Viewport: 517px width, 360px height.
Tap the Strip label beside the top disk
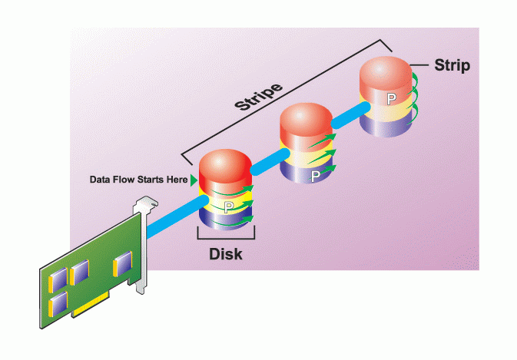coord(452,65)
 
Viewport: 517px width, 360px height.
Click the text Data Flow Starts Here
coord(138,180)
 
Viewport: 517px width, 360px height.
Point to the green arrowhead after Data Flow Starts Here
coord(193,180)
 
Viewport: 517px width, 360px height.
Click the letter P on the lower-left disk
coord(227,207)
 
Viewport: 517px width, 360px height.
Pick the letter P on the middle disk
coord(315,177)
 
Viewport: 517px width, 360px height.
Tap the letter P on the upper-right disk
coord(391,98)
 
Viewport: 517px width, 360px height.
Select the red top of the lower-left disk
coord(224,170)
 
